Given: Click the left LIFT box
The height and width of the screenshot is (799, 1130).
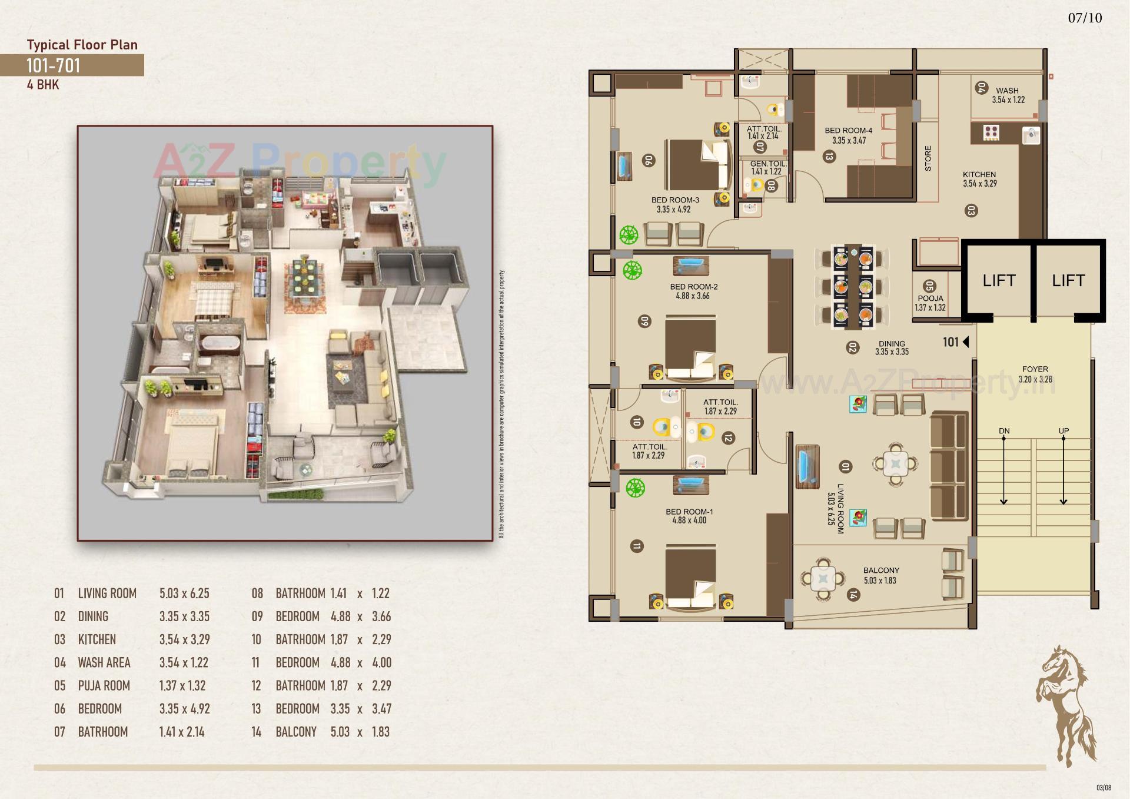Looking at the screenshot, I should click(x=999, y=280).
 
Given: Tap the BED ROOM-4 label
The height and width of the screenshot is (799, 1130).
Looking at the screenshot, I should click(x=848, y=131).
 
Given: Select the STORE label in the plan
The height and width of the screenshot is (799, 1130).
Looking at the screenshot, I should click(x=928, y=158).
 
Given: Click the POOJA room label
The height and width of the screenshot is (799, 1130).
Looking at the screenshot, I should click(x=930, y=299).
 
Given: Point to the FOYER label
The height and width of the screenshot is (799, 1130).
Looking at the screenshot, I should click(x=1035, y=369).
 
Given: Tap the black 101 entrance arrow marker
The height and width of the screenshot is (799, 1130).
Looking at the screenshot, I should click(x=965, y=342).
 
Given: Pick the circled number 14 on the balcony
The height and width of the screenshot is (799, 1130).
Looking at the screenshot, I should click(x=853, y=595).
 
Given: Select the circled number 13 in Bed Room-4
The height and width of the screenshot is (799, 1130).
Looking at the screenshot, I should click(x=829, y=157).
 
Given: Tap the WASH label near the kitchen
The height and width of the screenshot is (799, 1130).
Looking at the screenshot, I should click(x=1007, y=91).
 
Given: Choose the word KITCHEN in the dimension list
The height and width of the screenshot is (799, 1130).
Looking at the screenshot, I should click(x=97, y=639).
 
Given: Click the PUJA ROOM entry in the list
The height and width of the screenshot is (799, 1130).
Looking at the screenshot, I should click(x=104, y=685).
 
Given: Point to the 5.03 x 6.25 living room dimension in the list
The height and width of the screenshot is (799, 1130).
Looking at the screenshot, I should click(x=184, y=594).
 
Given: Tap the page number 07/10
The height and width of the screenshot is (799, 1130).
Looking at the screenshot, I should click(x=1085, y=18).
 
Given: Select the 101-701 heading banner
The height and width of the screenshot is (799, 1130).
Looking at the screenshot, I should click(x=71, y=65).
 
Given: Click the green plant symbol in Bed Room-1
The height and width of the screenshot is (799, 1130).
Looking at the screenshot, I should click(x=635, y=488).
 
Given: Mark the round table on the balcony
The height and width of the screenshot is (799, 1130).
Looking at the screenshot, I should click(x=823, y=579).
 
